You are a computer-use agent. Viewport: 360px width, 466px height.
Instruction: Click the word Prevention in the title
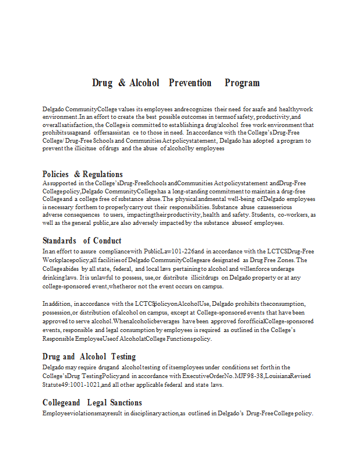[190, 83]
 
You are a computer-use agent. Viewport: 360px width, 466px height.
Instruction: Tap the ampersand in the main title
[122, 83]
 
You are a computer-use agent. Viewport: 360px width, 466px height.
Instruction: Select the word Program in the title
[242, 83]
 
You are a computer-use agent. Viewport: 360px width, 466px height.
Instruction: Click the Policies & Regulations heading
[83, 174]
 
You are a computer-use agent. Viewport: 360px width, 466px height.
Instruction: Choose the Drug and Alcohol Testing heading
[89, 356]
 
